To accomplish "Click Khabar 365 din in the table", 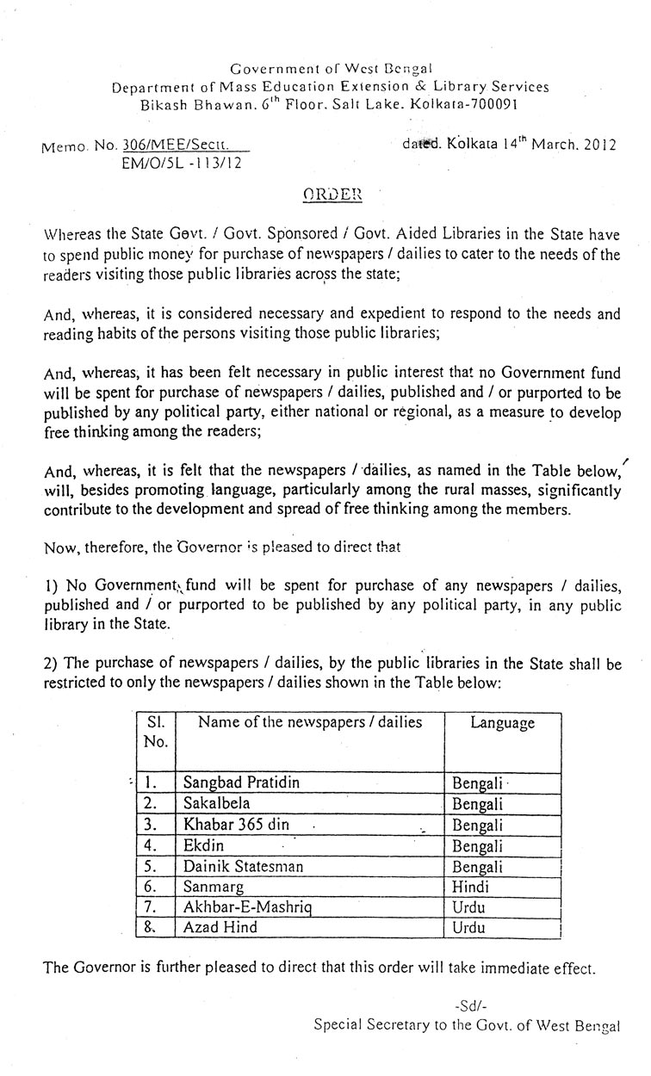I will [236, 825].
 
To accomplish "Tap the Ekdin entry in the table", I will [203, 845].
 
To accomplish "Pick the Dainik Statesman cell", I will [243, 867].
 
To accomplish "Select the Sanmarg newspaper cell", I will [214, 887].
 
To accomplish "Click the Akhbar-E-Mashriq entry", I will [246, 907].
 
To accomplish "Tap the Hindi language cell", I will [471, 887].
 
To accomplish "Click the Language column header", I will [503, 723].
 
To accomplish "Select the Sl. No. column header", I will [156, 732].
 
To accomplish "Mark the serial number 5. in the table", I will [150, 867].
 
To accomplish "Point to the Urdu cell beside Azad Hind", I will [469, 928].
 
